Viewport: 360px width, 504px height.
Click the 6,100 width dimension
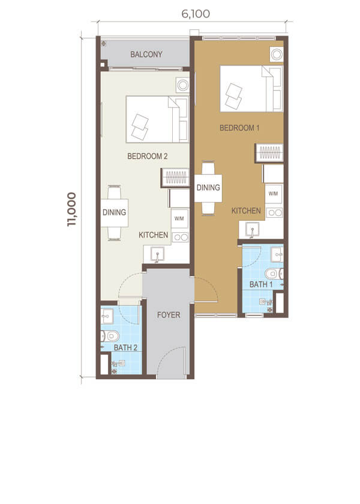click(196, 14)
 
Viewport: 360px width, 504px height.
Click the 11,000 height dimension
click(71, 209)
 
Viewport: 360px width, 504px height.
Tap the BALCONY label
click(146, 55)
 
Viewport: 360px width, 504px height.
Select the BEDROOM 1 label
click(239, 128)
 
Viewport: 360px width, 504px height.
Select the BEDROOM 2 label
click(147, 156)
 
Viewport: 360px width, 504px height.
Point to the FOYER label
click(169, 315)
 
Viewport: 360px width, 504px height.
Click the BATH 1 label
click(261, 284)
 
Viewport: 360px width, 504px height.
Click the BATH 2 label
click(125, 347)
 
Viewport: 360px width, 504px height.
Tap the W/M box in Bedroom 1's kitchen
click(274, 193)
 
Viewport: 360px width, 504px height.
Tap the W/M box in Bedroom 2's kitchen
click(179, 218)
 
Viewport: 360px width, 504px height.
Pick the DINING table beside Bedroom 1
click(208, 188)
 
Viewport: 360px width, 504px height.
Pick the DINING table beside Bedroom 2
click(115, 213)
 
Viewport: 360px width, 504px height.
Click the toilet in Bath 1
click(274, 274)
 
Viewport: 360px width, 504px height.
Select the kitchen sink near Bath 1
click(253, 229)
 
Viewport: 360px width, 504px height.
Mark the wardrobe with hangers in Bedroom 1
click(269, 152)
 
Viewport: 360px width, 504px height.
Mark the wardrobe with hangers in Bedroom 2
click(175, 178)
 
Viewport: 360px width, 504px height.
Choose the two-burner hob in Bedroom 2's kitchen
click(180, 238)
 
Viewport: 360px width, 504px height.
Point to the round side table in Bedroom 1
click(277, 55)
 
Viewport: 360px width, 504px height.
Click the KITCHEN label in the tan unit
click(246, 211)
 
